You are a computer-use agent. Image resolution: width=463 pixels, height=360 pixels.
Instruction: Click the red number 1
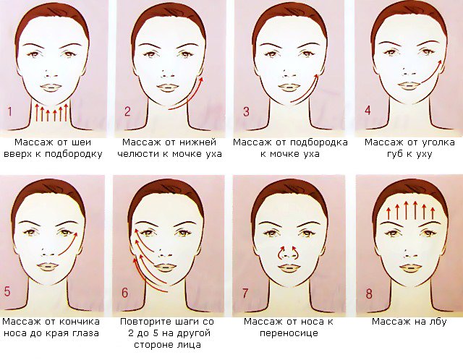(10, 112)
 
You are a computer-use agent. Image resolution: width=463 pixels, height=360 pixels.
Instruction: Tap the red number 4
(368, 110)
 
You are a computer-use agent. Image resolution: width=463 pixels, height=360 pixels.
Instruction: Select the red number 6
(125, 293)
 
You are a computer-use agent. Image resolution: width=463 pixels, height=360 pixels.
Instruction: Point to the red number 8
(369, 294)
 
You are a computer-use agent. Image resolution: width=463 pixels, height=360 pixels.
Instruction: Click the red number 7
(245, 293)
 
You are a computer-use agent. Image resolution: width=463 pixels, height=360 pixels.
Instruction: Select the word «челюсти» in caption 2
(138, 154)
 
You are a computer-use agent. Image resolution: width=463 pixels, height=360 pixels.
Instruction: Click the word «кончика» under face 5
(80, 322)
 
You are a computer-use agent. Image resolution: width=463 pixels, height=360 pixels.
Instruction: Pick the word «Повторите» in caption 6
(145, 322)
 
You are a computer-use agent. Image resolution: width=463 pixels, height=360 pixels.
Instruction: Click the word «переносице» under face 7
(289, 333)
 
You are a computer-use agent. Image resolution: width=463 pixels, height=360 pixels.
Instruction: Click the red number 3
(246, 111)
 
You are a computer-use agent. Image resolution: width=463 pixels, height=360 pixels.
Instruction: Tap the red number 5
(7, 291)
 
